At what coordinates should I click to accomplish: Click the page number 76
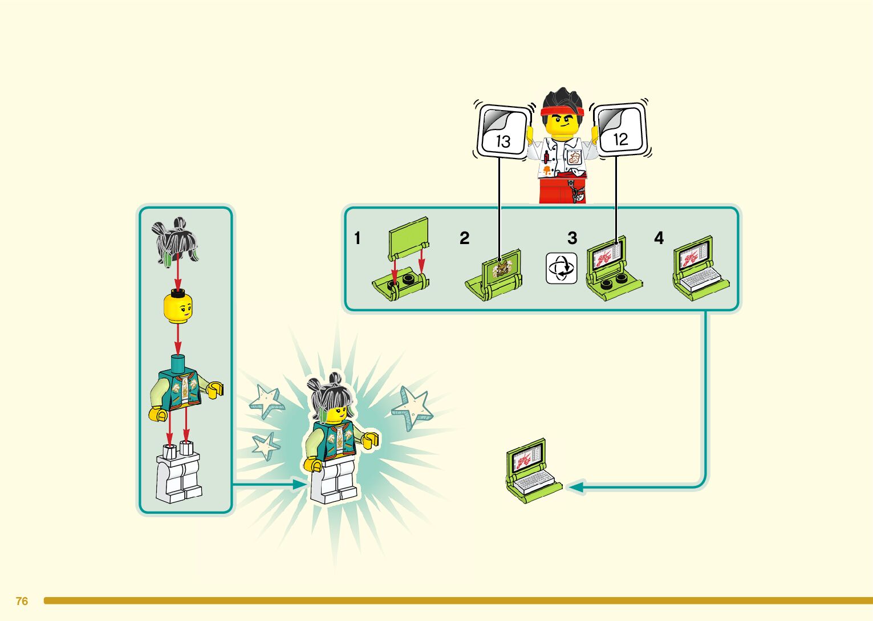pyautogui.click(x=22, y=601)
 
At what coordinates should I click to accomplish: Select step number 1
pyautogui.click(x=358, y=238)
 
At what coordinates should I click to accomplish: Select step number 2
pyautogui.click(x=464, y=238)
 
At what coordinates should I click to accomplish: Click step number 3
pyautogui.click(x=572, y=238)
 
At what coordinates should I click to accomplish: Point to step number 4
pyautogui.click(x=659, y=238)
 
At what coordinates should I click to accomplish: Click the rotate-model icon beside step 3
pyautogui.click(x=561, y=268)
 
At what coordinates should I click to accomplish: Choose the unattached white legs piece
pyautogui.click(x=178, y=473)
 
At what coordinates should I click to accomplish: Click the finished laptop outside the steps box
pyautogui.click(x=531, y=470)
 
